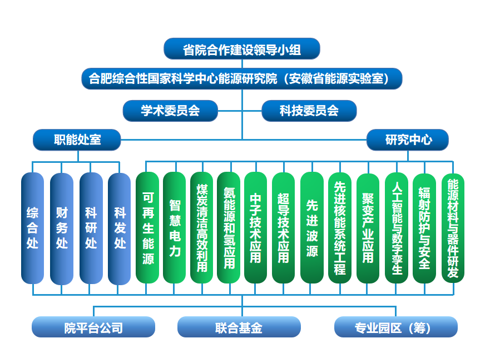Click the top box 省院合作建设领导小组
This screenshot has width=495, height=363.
tap(242, 49)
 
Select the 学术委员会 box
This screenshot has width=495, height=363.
tap(170, 111)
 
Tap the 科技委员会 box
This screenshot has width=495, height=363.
tap(309, 111)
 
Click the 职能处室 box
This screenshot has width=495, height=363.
tap(77, 140)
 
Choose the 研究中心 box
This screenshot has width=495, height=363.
tap(408, 140)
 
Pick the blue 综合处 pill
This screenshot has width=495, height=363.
tap(33, 228)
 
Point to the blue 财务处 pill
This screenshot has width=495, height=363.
tap(62, 228)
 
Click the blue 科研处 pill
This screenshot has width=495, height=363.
tap(91, 228)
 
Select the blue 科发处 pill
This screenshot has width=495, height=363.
tap(120, 228)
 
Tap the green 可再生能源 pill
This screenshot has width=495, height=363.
tap(147, 228)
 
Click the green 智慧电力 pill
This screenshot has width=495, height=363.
tap(175, 228)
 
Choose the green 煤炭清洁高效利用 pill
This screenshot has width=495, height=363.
tap(202, 228)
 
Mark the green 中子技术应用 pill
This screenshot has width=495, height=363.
tap(256, 228)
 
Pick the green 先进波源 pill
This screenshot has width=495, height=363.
tap(312, 228)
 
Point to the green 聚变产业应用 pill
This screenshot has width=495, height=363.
tap(368, 228)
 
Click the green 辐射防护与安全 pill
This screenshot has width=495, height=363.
tap(424, 228)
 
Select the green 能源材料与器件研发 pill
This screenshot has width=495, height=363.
tap(453, 228)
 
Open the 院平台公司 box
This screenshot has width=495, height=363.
tap(93, 327)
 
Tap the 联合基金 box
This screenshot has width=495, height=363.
tap(239, 327)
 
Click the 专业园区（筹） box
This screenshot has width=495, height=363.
tap(395, 327)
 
